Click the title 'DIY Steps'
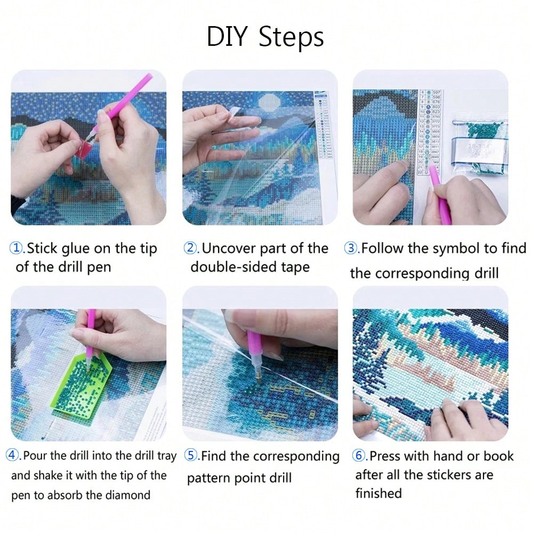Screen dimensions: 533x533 coord(265,37)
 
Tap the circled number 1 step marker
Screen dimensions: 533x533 coord(18,248)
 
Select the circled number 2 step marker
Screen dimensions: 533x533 coord(190,248)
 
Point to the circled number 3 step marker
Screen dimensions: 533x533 coord(351,248)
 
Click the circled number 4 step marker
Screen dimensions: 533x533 coord(13,456)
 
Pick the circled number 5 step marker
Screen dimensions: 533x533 coord(191,456)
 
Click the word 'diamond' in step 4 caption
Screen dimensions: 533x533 coord(128,495)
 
